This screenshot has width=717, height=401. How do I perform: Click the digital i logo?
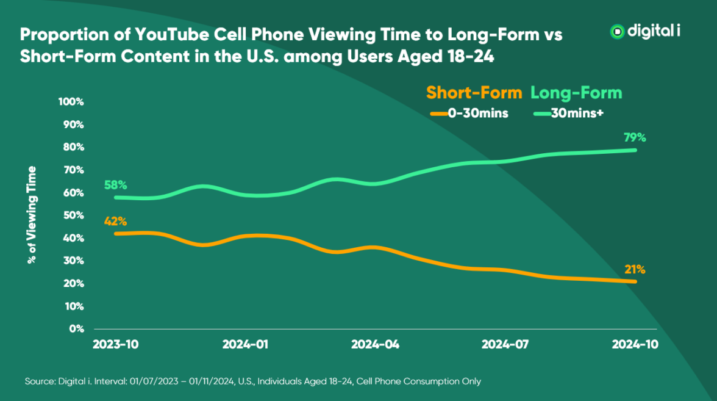tap(645, 32)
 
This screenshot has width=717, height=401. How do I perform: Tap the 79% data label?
tap(634, 137)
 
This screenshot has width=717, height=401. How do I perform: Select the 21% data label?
tap(634, 269)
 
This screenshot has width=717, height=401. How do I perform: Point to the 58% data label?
tap(115, 185)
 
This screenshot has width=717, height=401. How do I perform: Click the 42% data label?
tap(115, 222)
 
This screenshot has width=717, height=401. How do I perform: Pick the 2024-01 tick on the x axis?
tap(245, 344)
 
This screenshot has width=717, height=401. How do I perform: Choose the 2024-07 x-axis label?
tap(504, 344)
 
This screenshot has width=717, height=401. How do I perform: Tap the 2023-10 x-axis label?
tap(116, 344)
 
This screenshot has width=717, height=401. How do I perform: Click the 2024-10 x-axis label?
tap(634, 344)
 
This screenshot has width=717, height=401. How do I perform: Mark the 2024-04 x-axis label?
tap(375, 344)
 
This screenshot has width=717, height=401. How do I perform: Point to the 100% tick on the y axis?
tap(71, 101)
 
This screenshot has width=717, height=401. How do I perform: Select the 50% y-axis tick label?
tap(73, 215)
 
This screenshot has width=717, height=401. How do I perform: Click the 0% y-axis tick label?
tap(76, 329)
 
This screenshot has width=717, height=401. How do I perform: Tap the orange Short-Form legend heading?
tap(474, 93)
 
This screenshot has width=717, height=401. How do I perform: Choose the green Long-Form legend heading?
tap(576, 93)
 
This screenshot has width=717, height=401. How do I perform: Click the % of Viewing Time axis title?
tap(32, 215)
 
